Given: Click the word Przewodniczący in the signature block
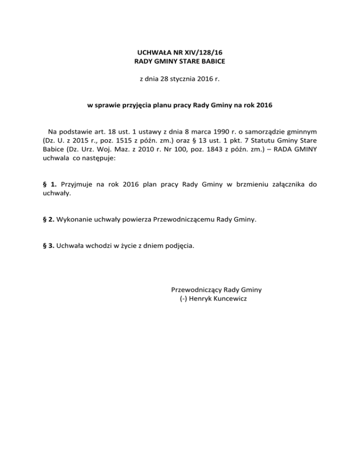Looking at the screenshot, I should (x=196, y=290).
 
